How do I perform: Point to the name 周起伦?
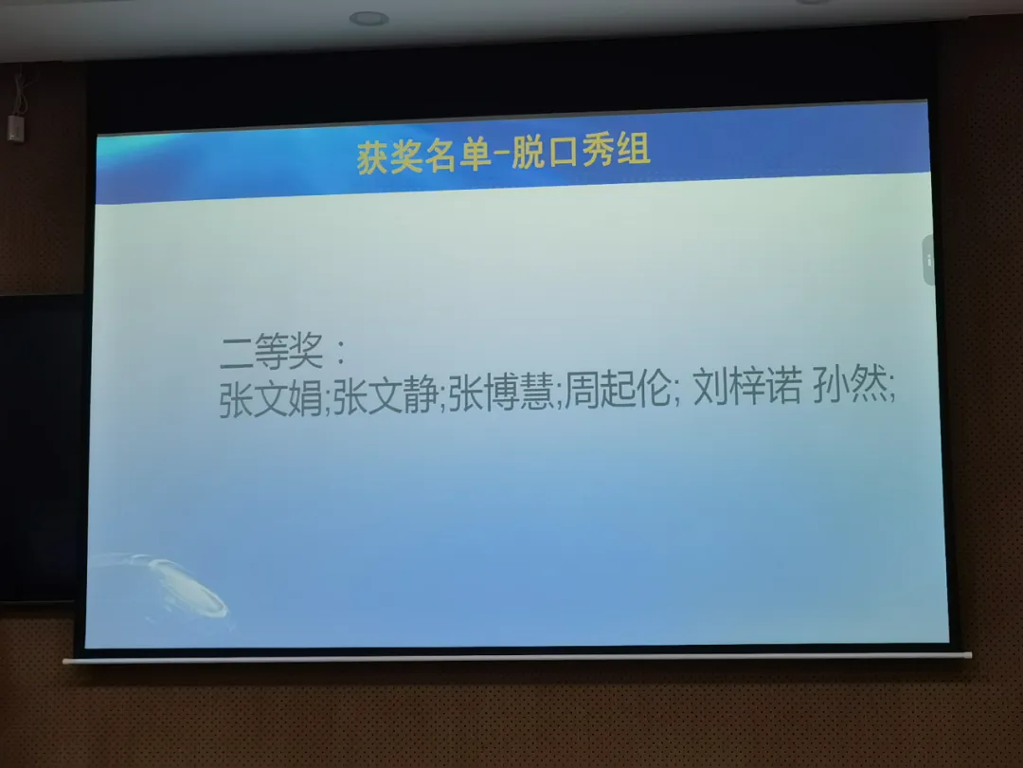tap(618, 390)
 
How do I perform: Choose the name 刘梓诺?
tap(747, 387)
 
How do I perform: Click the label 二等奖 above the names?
tap(272, 352)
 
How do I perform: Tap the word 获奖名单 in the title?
tap(424, 156)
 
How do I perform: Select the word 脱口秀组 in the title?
tap(581, 151)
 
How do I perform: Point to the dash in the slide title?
tap(502, 155)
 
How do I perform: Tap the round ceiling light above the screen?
tap(369, 19)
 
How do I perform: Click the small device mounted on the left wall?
tap(16, 128)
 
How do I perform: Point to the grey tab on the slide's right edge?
tap(928, 260)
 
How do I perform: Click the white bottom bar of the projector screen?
tap(517, 658)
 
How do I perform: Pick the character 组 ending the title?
tap(633, 149)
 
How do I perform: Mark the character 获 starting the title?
tap(373, 158)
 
